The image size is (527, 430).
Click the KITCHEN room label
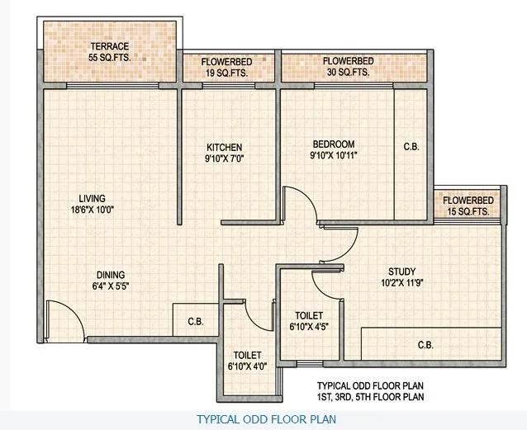pyautogui.click(x=224, y=148)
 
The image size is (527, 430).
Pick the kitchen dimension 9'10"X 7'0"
pyautogui.click(x=224, y=158)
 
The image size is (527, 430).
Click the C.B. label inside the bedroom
pyautogui.click(x=411, y=147)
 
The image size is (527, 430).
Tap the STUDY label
pyautogui.click(x=401, y=272)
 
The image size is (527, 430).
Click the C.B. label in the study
pyautogui.click(x=426, y=345)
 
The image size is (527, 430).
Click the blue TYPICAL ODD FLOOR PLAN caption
pyautogui.click(x=265, y=419)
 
